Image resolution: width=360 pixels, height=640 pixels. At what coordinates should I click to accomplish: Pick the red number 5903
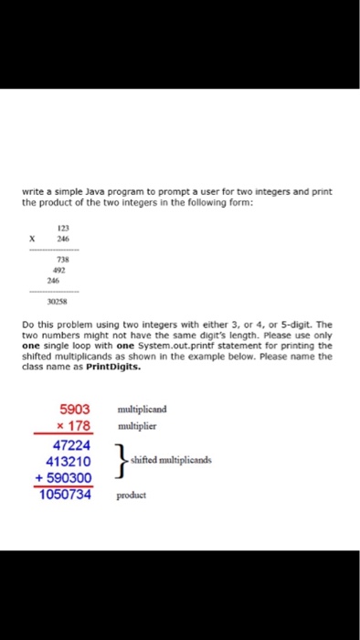point(75,411)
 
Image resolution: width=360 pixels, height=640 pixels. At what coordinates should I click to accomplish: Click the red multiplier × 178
point(75,426)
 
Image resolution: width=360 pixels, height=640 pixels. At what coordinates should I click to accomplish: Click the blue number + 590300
point(67,478)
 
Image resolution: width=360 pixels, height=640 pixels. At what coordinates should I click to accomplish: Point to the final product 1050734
point(67,495)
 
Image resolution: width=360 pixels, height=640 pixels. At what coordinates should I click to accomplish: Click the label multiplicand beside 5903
point(144,411)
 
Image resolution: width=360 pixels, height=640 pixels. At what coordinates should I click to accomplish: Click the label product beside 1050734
point(132,496)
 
